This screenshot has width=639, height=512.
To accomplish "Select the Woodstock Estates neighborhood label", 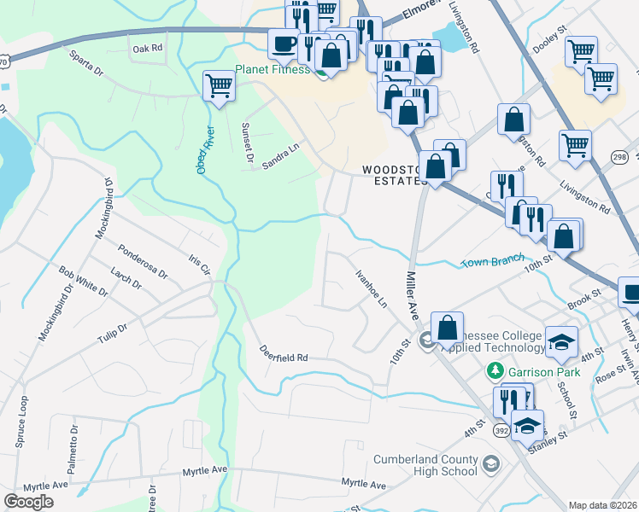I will click(393, 175).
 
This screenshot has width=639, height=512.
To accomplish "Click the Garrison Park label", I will click(541, 372).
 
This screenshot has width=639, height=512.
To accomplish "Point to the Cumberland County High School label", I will click(425, 465).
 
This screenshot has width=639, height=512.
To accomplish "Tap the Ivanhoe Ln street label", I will click(372, 289).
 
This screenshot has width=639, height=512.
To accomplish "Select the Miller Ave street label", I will click(413, 294).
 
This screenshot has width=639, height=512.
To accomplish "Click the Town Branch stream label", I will click(491, 261).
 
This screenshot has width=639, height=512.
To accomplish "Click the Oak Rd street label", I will click(147, 49).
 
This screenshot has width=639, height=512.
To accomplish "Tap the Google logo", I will click(29, 502).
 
